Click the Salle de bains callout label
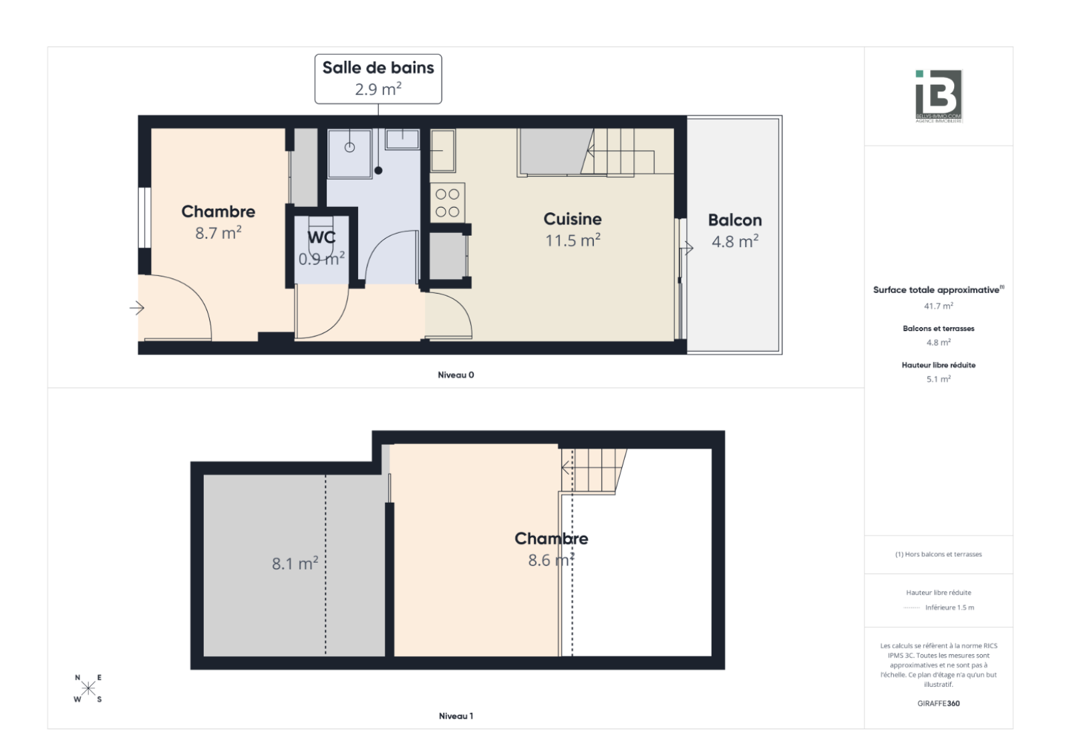click(378, 79)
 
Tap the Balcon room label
click(735, 220)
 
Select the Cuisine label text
click(572, 219)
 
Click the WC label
click(321, 238)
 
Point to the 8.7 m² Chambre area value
click(218, 233)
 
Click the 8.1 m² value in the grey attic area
click(295, 563)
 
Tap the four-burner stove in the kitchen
click(448, 202)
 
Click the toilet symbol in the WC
click(321, 237)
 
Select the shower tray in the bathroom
click(349, 154)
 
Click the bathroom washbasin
click(402, 140)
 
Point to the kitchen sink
click(443, 151)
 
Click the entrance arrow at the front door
click(137, 308)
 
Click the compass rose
click(88, 688)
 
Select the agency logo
click(939, 96)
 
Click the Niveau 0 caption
click(456, 375)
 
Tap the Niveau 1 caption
click(456, 716)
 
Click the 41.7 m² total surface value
click(938, 306)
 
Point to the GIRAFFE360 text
click(938, 703)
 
